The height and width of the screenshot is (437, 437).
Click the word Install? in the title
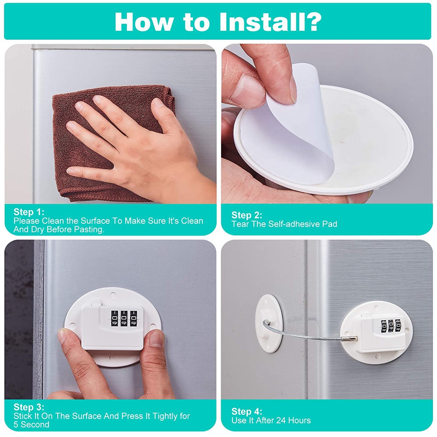[x=271, y=21]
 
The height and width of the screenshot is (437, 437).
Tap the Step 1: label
[x=29, y=212]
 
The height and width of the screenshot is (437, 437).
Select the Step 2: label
[x=246, y=215]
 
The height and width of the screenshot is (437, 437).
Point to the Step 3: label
[x=29, y=407]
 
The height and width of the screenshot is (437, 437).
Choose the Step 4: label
[x=246, y=411]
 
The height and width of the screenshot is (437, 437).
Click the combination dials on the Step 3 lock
[x=124, y=318]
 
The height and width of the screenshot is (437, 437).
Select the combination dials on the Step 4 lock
[x=391, y=326]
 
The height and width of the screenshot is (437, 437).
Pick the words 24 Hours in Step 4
[x=294, y=420]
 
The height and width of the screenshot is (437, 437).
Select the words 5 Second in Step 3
[x=31, y=425]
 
